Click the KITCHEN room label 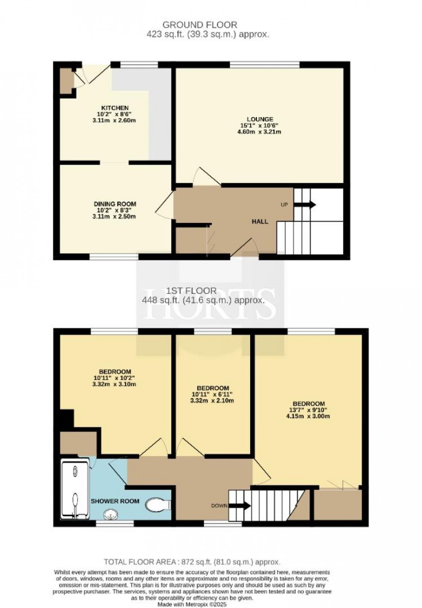point(115,108)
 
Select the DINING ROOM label point(115,204)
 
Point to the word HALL point(260,222)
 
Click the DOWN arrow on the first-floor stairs point(240,506)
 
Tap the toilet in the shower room point(158,505)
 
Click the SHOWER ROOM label point(115,501)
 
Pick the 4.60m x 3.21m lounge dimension point(260,132)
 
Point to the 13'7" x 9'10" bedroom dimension point(308,410)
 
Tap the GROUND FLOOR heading point(200,25)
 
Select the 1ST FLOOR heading point(191,291)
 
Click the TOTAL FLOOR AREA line point(192,562)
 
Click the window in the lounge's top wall point(265,65)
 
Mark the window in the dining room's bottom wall point(114,256)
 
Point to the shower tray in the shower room point(75,489)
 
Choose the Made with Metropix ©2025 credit point(192,605)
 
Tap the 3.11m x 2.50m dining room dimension point(115,217)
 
